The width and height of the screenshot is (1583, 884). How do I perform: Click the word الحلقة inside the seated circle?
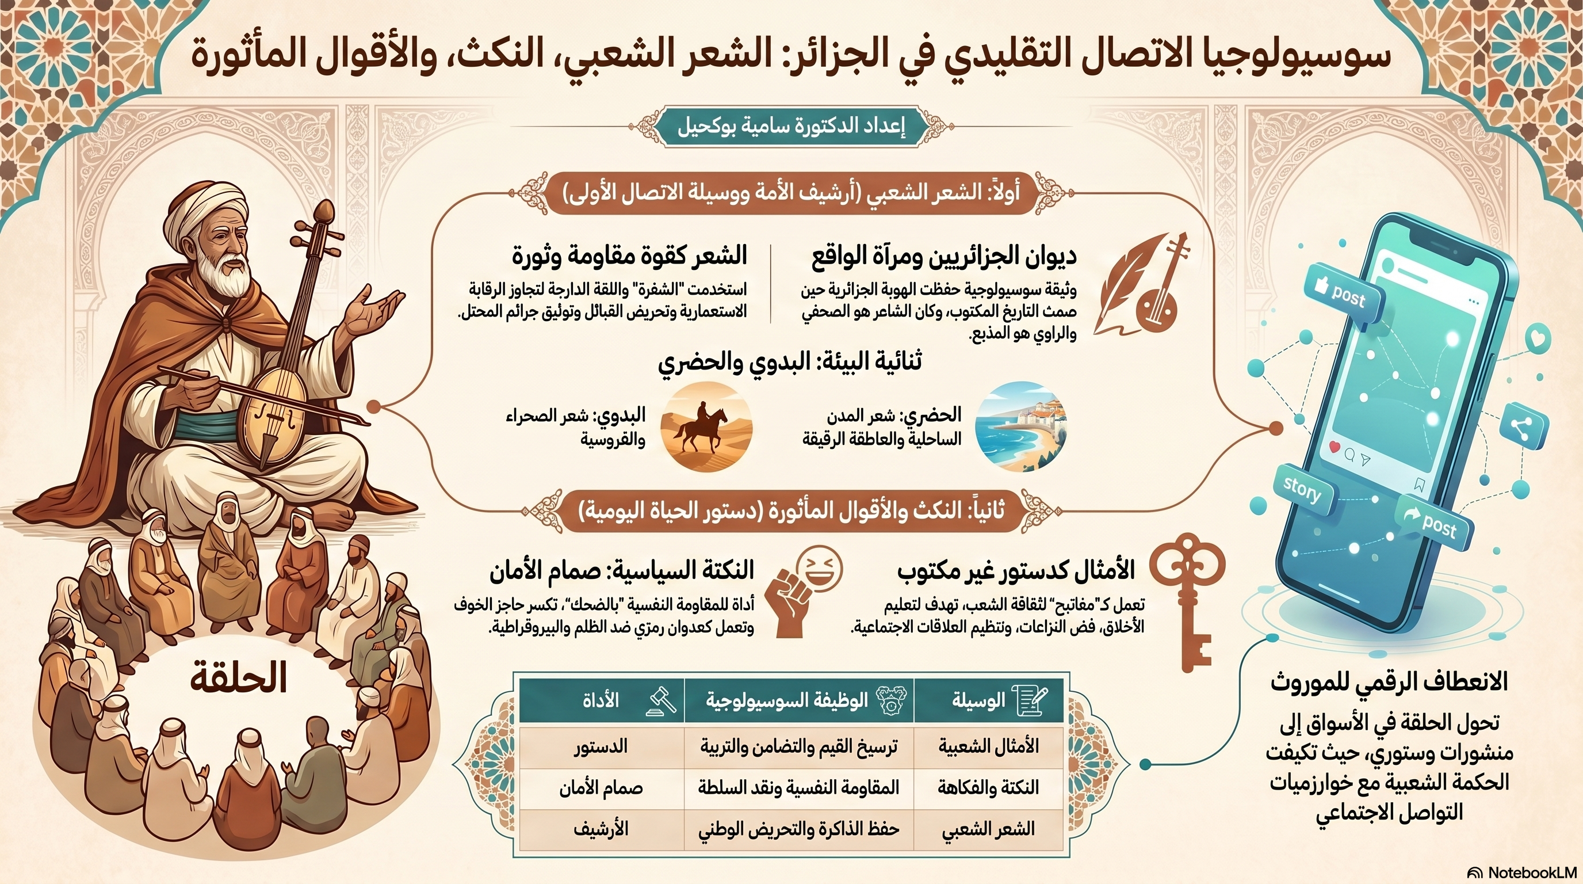pos(239,679)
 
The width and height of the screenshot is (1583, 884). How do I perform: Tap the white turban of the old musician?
pos(206,206)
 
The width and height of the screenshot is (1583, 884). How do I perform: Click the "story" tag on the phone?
pos(1302,490)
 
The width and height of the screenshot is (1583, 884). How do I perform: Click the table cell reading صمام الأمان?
pos(601,788)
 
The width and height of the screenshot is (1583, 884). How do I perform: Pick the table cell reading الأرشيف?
pos(601,829)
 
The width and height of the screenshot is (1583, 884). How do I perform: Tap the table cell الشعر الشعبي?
pos(988,829)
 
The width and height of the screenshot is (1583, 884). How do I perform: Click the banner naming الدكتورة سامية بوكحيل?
pos(791,127)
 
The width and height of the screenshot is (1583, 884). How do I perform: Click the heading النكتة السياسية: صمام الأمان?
pos(621,571)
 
